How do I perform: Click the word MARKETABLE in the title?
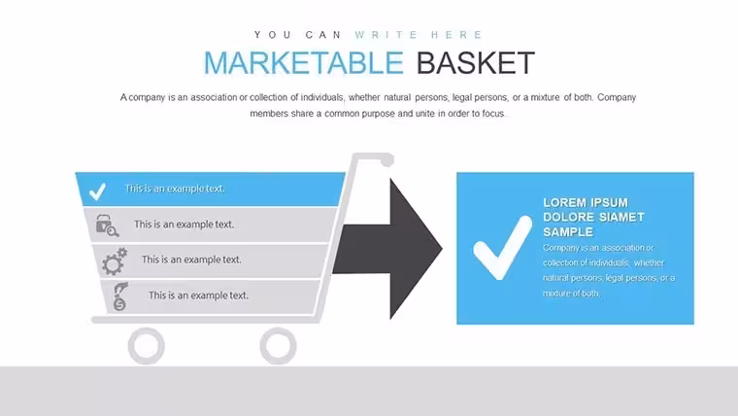pos(304,62)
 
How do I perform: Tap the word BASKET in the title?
pos(476,62)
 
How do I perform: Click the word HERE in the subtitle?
pos(456,35)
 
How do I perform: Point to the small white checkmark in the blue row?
pos(97,191)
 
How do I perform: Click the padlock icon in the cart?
pos(107,225)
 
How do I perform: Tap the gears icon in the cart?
pos(115,261)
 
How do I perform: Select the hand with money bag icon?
pos(120,296)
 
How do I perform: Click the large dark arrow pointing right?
pos(387,249)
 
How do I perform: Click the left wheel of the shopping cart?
pos(147,346)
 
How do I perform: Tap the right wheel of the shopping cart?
pos(278,346)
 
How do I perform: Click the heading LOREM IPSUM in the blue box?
pos(586,202)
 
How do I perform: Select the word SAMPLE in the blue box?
pos(568,232)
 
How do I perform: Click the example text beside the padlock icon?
pos(184,225)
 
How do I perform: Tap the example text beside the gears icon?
pos(191,260)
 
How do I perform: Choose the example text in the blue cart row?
pos(175,189)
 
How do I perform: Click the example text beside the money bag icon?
pos(199,295)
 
